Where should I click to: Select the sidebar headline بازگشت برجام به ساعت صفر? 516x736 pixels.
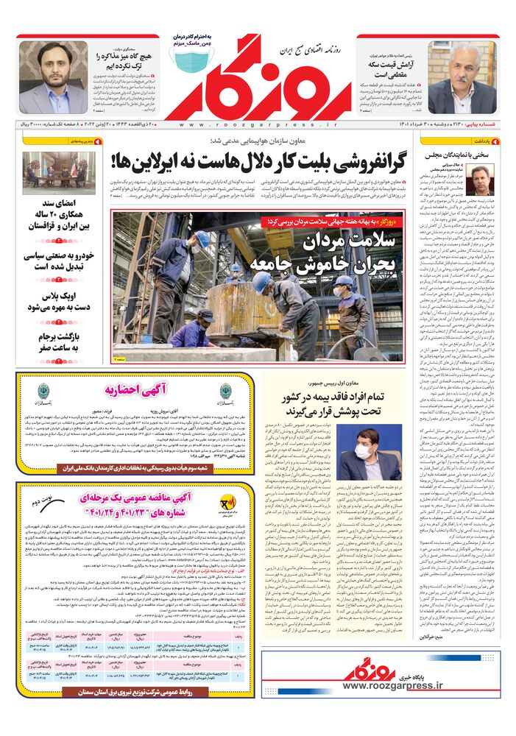coord(59,342)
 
